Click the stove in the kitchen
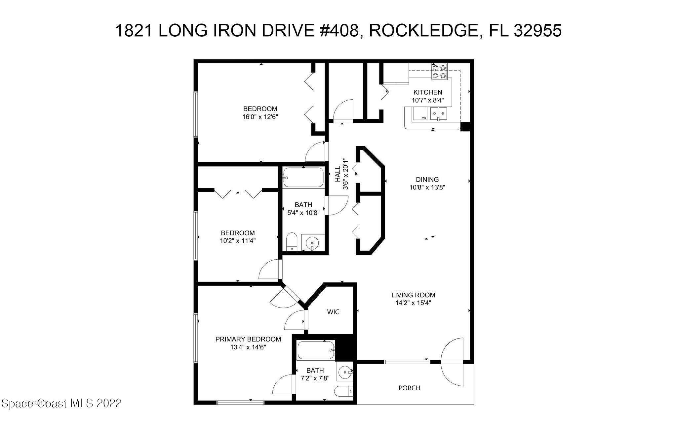(x=439, y=72)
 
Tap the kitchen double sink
(x=438, y=114)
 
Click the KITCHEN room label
(x=427, y=92)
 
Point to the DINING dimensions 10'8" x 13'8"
(x=427, y=187)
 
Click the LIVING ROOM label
(x=413, y=295)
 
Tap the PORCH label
(x=409, y=388)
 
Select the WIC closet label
(x=333, y=312)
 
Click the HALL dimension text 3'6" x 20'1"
(x=346, y=174)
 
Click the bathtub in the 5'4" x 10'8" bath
(x=303, y=177)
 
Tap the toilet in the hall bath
(x=292, y=242)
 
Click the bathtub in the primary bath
(x=316, y=350)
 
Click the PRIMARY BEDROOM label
(x=248, y=339)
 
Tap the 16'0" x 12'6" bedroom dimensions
(x=260, y=117)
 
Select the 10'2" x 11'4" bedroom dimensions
(x=238, y=241)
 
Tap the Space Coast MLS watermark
(x=61, y=403)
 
